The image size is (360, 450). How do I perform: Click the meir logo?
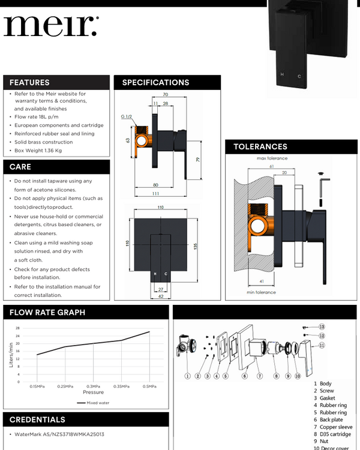pos(51,26)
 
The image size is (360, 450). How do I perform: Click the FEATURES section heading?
pos(29,83)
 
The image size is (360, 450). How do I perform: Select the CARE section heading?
pos(20,167)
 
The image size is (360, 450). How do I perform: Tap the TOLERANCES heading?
pos(260,146)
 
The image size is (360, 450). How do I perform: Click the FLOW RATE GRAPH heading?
pos(47,313)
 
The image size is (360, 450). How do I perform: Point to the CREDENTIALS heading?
pos(37,420)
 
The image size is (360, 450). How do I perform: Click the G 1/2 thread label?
pos(127,116)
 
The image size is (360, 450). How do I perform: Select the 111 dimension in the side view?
pos(155,194)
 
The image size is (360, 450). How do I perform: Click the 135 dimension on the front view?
pos(196,246)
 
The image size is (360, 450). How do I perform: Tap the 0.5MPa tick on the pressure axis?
pos(149,386)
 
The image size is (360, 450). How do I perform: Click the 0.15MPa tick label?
pos(37,386)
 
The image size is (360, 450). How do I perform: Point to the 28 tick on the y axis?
pos(17,328)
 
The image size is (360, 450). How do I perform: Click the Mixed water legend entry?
pos(93,403)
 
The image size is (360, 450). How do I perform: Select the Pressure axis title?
pos(94,392)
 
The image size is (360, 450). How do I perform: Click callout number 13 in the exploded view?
pos(322,327)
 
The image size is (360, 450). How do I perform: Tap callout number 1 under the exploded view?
pos(187,376)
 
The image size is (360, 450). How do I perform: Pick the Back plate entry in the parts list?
pos(328,420)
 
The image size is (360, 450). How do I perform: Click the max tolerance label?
pos(272,158)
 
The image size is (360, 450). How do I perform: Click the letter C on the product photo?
pos(299,76)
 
